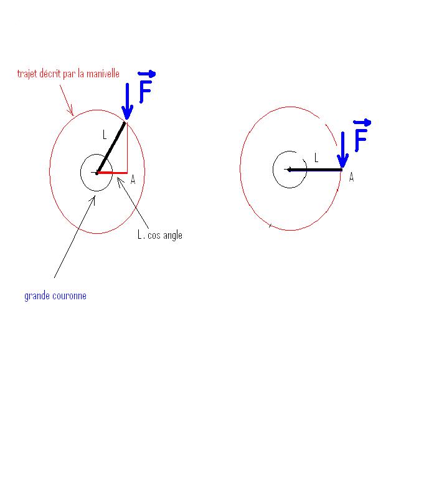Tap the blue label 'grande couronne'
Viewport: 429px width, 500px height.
(x=55, y=296)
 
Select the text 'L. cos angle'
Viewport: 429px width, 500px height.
(x=159, y=235)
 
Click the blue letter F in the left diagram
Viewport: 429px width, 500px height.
(x=145, y=92)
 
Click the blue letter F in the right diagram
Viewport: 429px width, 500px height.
(x=361, y=140)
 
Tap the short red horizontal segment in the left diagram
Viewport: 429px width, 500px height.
(x=113, y=173)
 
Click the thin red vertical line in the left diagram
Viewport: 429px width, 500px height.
(x=127, y=147)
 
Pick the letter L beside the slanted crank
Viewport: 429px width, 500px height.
(x=105, y=134)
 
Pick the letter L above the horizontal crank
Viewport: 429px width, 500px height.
(x=316, y=158)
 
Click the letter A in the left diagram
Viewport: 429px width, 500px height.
(x=133, y=180)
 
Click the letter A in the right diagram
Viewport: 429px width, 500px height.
(x=351, y=178)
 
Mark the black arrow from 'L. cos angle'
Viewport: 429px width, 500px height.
(x=132, y=203)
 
